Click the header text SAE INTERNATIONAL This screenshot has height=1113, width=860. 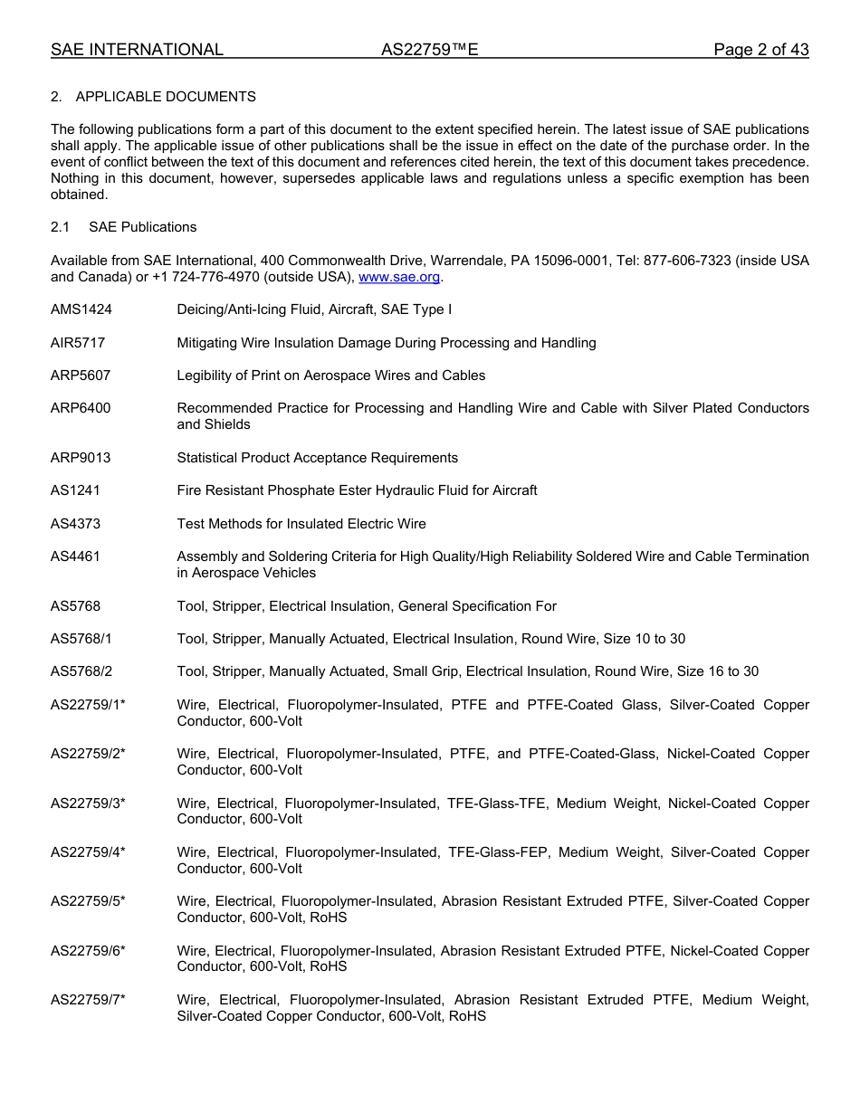[x=137, y=50]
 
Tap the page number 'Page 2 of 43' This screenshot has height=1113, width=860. [x=760, y=50]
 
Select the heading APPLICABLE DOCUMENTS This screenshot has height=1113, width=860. [x=166, y=97]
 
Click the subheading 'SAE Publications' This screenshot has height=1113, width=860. [x=142, y=227]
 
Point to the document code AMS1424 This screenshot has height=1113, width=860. [x=81, y=309]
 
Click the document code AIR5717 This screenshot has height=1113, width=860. [x=80, y=343]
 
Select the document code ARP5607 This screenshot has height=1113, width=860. [x=81, y=376]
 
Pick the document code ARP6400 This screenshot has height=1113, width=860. [x=81, y=408]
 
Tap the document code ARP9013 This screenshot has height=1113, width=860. [x=81, y=458]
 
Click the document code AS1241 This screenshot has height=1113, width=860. [x=75, y=490]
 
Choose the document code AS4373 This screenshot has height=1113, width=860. [x=75, y=524]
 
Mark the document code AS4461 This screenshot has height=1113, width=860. [x=75, y=556]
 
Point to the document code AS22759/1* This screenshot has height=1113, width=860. [x=88, y=705]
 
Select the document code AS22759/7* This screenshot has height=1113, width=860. [x=88, y=1000]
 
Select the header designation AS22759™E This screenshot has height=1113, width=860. [x=429, y=50]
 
